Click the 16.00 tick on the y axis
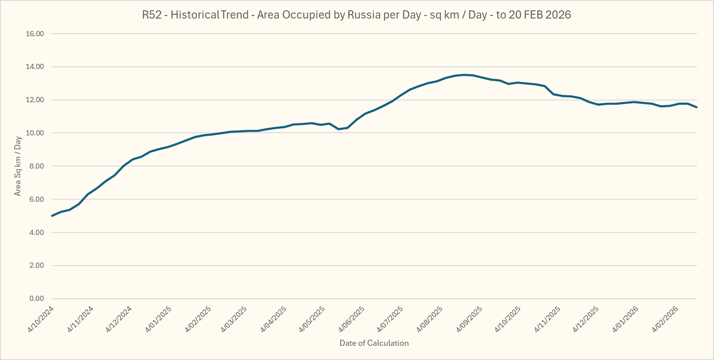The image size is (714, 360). coord(35,34)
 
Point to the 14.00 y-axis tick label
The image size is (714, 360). coord(35,67)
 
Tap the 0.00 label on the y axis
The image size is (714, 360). coord(37,298)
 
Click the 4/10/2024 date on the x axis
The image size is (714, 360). coord(41,319)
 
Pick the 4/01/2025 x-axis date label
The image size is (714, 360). coord(158,319)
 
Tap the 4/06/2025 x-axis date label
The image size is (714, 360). coord(352,319)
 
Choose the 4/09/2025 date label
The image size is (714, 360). coord(469,319)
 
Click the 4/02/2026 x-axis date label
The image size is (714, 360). coord(665,319)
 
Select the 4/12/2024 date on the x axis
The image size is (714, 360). coord(119,319)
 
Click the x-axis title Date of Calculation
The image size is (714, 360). coord(374,343)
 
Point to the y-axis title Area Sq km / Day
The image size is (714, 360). coord(18,166)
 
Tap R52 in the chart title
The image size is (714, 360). coord(152,15)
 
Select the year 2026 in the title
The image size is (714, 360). coord(558,15)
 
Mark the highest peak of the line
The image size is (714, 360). coord(464,75)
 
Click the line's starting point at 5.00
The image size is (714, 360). coord(52,216)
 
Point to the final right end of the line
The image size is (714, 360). coord(697,107)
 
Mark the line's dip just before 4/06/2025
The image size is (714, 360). coord(339,129)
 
